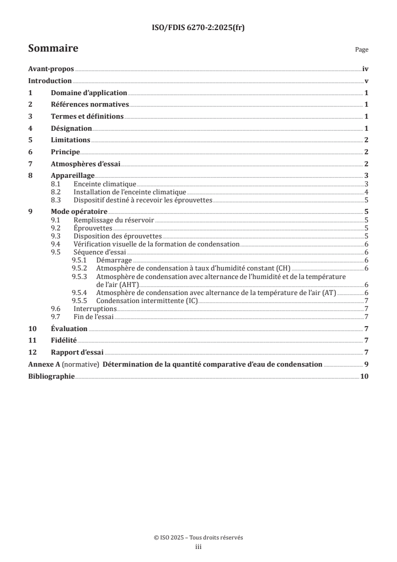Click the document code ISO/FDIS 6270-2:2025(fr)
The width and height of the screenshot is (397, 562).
pos(198,28)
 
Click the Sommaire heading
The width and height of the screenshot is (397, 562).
pos(53,49)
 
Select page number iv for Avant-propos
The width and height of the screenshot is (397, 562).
pos(365,70)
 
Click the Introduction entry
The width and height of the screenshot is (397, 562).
pos(50,81)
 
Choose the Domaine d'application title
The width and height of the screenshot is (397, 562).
pos(89,93)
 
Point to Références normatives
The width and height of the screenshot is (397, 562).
pos(90,105)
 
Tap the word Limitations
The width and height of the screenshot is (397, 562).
pos(71,140)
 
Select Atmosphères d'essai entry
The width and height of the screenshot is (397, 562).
pos(85,164)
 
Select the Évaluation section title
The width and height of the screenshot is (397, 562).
pos(69,329)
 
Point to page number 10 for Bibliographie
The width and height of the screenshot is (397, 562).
pos(364,376)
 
